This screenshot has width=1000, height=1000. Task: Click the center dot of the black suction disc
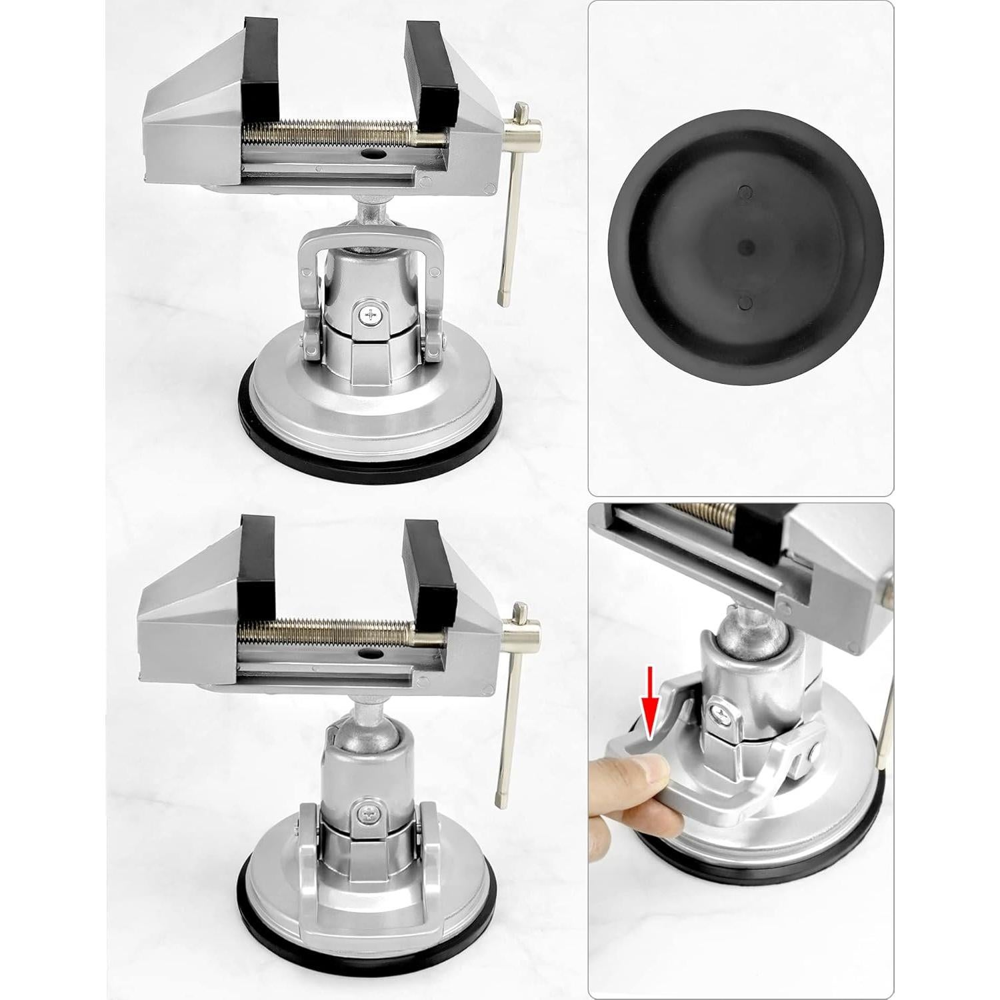[746, 247]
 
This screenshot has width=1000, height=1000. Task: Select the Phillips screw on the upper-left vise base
[371, 313]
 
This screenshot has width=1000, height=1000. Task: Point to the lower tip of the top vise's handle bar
[504, 297]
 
